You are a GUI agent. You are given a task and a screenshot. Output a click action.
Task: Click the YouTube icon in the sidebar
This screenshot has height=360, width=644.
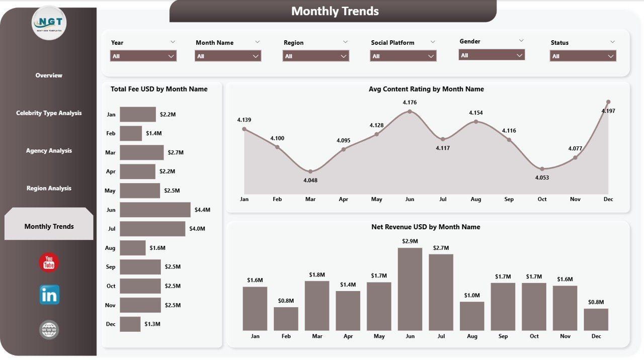(49, 262)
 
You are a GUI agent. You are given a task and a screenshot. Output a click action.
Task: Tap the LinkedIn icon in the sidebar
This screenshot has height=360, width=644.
(49, 295)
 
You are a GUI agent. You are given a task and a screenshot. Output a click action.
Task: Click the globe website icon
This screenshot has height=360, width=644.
(49, 330)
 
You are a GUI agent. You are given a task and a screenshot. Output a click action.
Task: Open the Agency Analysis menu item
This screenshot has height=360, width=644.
(49, 151)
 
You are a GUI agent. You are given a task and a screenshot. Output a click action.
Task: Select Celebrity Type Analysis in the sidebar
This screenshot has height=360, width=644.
(49, 113)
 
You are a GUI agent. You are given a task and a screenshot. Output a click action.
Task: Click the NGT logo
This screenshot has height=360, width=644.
(49, 23)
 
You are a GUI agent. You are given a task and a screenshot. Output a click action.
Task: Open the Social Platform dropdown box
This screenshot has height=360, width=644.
(403, 56)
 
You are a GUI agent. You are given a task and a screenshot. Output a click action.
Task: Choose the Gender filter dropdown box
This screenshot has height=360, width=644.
(492, 55)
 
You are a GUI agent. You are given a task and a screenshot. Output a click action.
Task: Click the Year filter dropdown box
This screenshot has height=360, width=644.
(143, 56)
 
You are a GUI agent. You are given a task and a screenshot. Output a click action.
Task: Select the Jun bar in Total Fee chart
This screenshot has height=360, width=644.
(155, 210)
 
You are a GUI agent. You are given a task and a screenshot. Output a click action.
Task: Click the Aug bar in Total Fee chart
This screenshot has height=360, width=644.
(132, 248)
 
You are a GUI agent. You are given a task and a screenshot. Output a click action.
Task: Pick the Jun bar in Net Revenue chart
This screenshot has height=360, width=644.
(410, 289)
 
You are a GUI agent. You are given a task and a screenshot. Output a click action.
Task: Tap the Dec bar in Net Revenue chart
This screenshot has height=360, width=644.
(596, 319)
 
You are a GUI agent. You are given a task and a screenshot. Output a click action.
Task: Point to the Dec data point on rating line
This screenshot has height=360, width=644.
(608, 102)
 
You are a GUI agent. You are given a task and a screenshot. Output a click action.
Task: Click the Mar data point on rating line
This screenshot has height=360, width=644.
(310, 171)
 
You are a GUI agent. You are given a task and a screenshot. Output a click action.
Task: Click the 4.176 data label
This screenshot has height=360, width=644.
(410, 103)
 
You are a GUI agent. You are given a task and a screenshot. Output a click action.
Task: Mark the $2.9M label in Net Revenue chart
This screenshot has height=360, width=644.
(410, 241)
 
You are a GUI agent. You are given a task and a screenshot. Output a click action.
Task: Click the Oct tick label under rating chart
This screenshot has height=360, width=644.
(542, 199)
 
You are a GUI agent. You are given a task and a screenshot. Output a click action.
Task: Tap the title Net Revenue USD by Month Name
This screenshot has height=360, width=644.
(426, 227)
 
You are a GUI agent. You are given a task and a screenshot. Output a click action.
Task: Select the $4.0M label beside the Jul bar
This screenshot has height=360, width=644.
(197, 229)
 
